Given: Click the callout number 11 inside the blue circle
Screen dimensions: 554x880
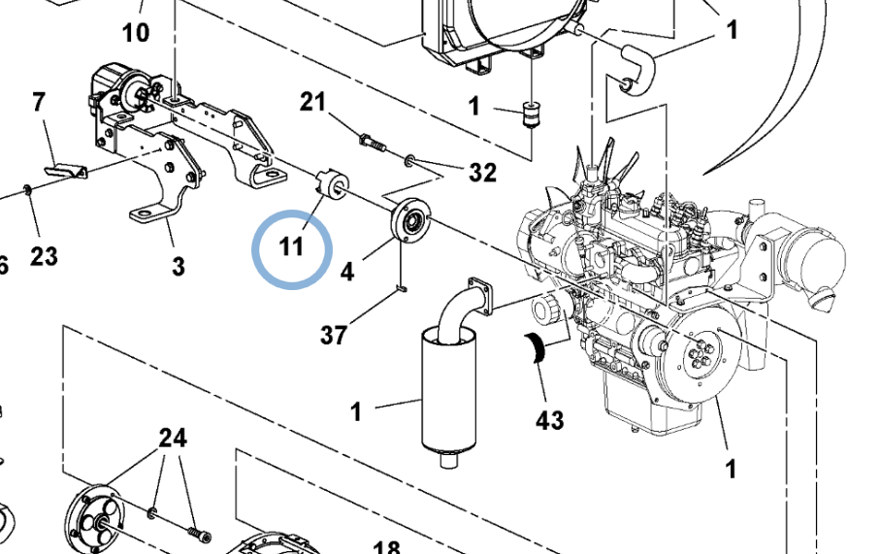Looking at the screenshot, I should [292, 246].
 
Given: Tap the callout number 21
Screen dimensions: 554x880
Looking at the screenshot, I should [311, 103].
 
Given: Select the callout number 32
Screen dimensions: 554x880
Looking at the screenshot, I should [482, 173].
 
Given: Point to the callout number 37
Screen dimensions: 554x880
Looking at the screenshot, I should [334, 336].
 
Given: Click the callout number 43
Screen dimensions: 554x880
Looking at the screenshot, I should [549, 420].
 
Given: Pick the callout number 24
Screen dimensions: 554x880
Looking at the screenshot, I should [173, 439].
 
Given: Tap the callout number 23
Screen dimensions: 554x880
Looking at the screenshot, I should [44, 256].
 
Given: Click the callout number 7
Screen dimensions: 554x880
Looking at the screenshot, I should [39, 101].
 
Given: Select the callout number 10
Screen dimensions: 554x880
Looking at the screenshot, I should [136, 33].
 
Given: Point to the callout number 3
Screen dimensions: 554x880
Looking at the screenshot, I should [178, 265].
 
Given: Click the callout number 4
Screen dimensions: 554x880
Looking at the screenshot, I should [347, 273].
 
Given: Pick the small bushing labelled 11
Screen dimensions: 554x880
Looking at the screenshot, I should [331, 183].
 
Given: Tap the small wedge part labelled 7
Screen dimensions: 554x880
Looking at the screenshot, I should [67, 171].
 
